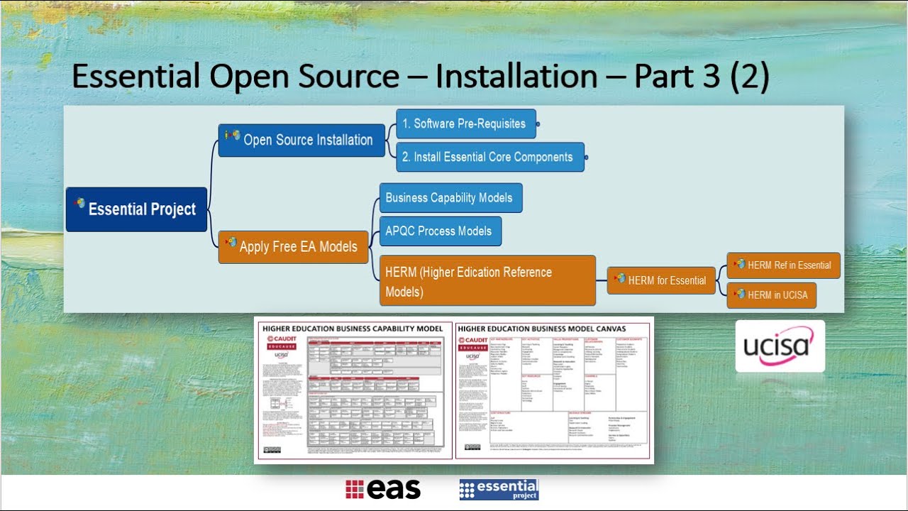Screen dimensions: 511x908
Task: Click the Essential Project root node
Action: pyautogui.click(x=136, y=209)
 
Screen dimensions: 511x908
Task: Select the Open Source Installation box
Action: pyautogui.click(x=301, y=140)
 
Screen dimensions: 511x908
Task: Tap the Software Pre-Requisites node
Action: pyautogui.click(x=465, y=123)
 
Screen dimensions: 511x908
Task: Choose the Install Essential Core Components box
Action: pyautogui.click(x=490, y=157)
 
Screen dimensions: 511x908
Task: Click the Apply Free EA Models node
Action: pyautogui.click(x=293, y=247)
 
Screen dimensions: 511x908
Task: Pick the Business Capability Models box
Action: pyautogui.click(x=450, y=197)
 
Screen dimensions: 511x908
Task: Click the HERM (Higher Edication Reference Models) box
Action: pyautogui.click(x=487, y=281)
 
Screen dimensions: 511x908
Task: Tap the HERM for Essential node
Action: pyautogui.click(x=661, y=280)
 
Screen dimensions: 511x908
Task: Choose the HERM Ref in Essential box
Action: pyautogui.click(x=783, y=265)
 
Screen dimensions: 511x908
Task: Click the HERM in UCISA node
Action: pyautogui.click(x=771, y=295)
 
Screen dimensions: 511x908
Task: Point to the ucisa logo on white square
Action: pyautogui.click(x=780, y=346)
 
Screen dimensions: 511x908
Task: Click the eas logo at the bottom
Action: pyautogui.click(x=383, y=489)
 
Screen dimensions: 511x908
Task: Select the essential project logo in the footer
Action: pyautogui.click(x=499, y=489)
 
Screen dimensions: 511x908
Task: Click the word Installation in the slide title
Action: pyautogui.click(x=516, y=77)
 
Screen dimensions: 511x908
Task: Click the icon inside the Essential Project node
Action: pyautogui.click(x=80, y=204)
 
